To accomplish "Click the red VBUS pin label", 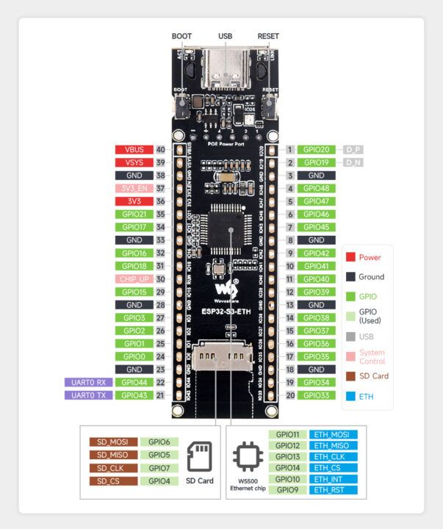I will click(x=133, y=149).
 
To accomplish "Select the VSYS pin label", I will click(x=133, y=162).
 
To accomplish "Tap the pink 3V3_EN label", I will click(x=133, y=188).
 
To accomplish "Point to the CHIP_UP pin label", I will click(x=133, y=278).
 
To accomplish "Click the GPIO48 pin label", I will click(x=317, y=188).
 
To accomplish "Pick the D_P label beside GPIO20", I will click(x=353, y=149).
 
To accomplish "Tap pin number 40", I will click(x=160, y=149).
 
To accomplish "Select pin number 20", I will click(x=290, y=395).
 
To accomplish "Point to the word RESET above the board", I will click(x=268, y=36).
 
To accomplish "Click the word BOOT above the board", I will click(x=181, y=36).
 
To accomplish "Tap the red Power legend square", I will click(x=350, y=257).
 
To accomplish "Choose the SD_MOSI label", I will click(x=113, y=442).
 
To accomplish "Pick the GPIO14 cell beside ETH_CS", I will click(x=287, y=467).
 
